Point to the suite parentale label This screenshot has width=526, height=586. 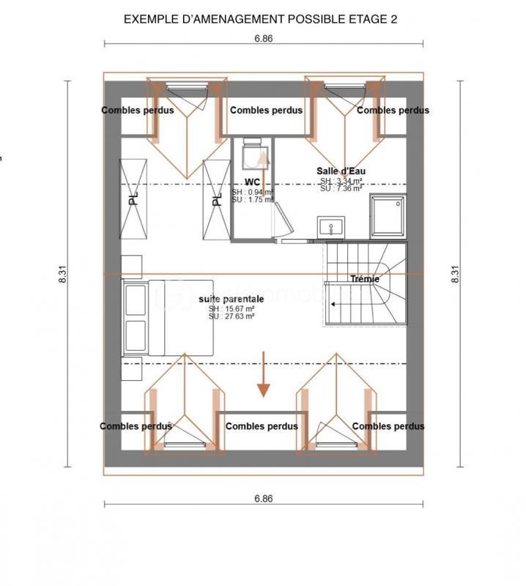coord(231,300)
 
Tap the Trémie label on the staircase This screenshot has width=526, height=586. coord(364,279)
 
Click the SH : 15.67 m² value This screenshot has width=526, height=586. coord(231,309)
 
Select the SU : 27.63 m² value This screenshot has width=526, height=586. coord(231,316)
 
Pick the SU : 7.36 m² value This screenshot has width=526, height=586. coord(341,188)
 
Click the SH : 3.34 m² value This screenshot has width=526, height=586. coord(341,181)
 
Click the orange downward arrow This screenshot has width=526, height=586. coord(262,375)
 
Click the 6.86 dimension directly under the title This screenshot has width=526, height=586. coord(264,39)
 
